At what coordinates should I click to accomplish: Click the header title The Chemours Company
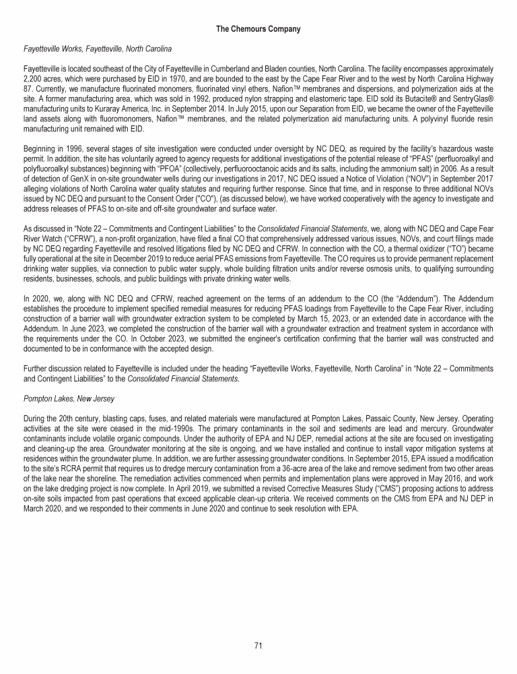point(258,29)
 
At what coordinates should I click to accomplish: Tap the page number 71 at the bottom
point(258,646)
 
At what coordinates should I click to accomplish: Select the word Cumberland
point(209,68)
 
